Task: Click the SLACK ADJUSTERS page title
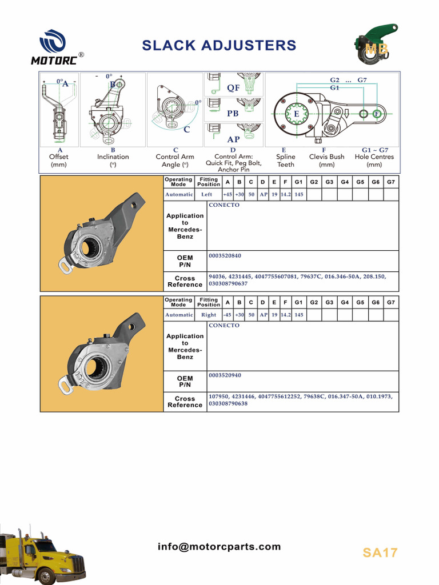219,46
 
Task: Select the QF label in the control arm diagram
233,88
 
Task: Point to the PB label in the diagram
233,114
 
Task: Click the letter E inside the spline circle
296,114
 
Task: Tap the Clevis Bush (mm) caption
326,161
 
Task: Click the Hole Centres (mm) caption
374,161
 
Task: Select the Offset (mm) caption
59,161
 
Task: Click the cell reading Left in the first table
207,194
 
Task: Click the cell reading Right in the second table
209,315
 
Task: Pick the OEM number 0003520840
225,256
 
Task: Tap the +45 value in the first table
228,194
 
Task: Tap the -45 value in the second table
228,315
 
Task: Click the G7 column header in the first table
391,182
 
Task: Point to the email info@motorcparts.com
219,547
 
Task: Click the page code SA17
380,552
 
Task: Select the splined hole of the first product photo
90,246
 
